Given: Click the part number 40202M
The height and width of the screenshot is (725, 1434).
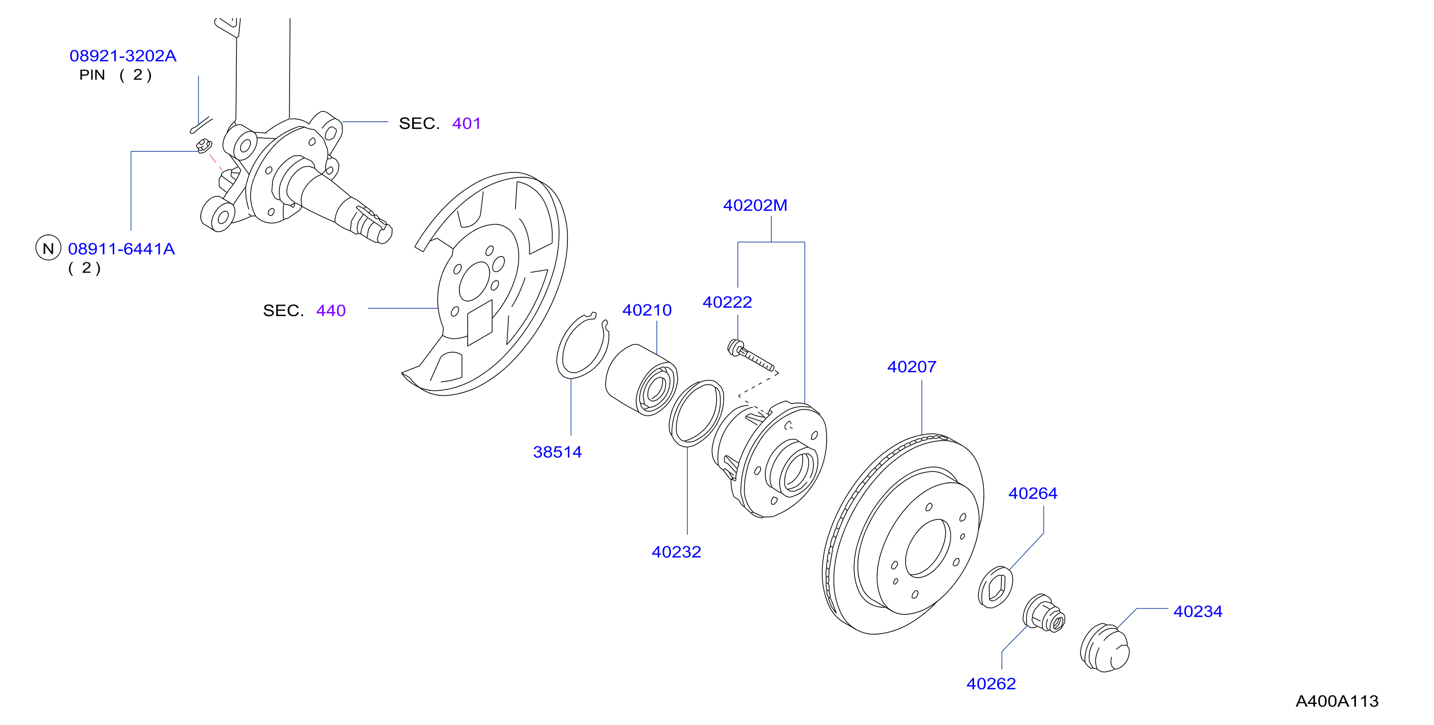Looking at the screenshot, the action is point(755,206).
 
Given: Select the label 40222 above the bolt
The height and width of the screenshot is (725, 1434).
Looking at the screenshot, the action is point(727,302).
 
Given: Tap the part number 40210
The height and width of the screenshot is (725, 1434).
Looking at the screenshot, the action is point(647,310).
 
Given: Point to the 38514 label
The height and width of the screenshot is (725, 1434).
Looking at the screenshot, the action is point(557,452).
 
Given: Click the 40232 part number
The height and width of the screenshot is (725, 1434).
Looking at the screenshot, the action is point(676,553).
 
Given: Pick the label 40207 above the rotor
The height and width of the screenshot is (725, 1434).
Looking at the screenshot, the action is point(912,367).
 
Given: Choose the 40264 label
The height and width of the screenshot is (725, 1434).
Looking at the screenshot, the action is point(1033,493).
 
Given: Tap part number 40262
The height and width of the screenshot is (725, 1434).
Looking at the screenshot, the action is point(991,684).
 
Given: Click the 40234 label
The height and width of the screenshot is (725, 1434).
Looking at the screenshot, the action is point(1198,611).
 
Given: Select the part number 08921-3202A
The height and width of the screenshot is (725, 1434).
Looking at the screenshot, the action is point(123,56).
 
